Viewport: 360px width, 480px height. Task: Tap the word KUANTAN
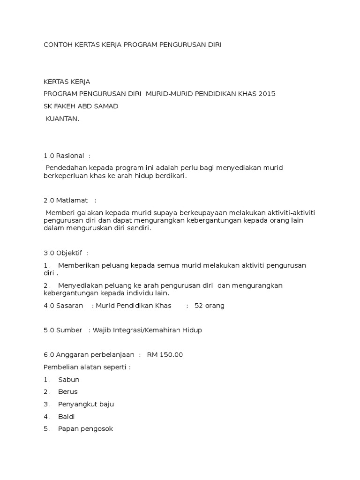[62, 119]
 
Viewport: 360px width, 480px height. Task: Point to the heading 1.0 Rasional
[64, 156]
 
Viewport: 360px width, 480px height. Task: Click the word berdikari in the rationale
[169, 176]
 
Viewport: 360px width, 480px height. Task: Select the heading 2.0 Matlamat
[66, 200]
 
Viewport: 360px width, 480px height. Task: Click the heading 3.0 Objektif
[63, 253]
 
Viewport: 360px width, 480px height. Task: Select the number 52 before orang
[199, 306]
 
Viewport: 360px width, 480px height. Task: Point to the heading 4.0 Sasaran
[63, 306]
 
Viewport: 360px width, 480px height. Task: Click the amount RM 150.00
[165, 355]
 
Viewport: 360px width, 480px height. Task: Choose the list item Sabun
[68, 380]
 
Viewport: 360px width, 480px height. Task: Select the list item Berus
[68, 391]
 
